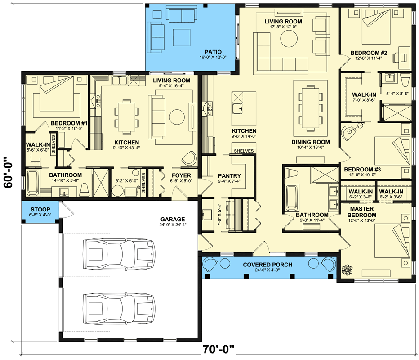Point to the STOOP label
40,209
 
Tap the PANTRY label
229,176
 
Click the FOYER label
181,175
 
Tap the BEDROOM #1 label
69,123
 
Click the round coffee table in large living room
289,40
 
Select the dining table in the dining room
310,104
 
